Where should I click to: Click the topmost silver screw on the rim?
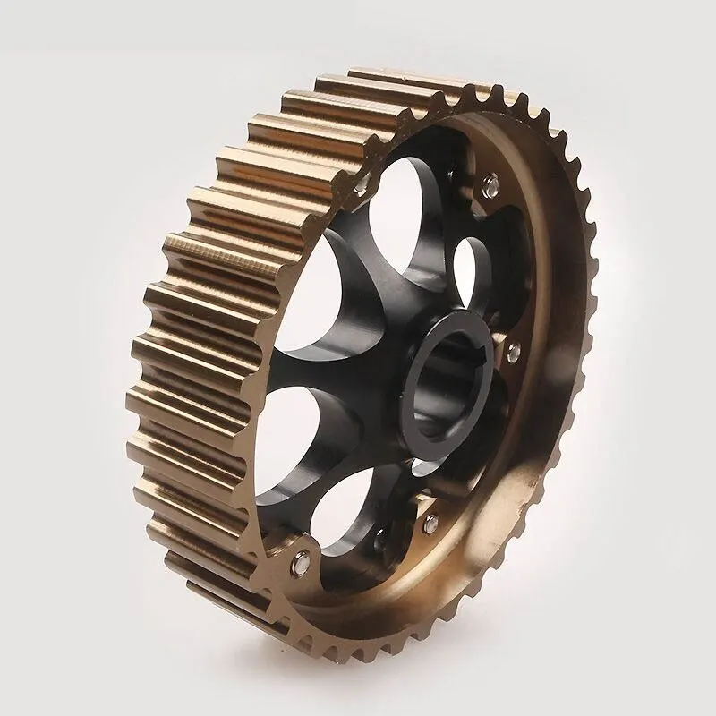click(489, 185)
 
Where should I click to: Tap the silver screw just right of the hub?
click(513, 352)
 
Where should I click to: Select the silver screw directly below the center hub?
click(430, 522)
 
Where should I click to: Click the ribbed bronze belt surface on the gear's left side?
click(179, 358)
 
